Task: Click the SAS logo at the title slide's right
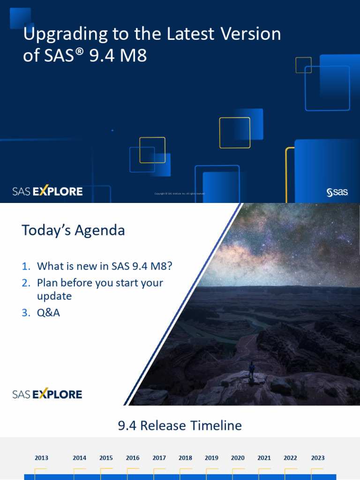(337, 192)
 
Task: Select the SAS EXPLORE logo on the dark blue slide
(47, 191)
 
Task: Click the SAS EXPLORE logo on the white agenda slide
(47, 394)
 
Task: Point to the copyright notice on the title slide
(180, 193)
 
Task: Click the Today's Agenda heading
(73, 231)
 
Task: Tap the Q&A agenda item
(48, 312)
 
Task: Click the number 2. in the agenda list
(26, 283)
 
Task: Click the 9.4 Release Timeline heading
(180, 426)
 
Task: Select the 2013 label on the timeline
(41, 458)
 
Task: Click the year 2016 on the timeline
(133, 458)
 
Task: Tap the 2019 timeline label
(211, 458)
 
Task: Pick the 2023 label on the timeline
(318, 458)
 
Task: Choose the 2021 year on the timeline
(264, 458)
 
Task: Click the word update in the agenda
(54, 296)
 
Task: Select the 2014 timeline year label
(80, 458)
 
